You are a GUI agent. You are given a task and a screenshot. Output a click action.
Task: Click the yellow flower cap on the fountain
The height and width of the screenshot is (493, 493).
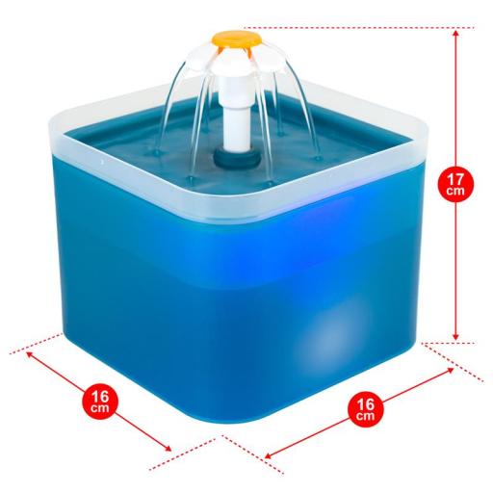[x=236, y=39]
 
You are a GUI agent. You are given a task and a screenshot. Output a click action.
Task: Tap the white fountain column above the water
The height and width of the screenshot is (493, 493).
[x=238, y=128]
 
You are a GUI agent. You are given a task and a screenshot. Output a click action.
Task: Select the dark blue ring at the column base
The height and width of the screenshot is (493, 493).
[x=238, y=159]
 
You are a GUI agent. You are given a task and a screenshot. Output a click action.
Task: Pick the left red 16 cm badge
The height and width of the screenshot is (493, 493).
[x=100, y=402]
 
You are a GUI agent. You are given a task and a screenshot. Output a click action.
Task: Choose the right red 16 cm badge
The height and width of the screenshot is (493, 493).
[x=366, y=409]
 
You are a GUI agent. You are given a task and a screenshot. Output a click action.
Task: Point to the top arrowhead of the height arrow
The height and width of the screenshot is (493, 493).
[x=455, y=34]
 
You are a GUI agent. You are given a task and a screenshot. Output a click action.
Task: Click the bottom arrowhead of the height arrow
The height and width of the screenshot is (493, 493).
[x=455, y=336]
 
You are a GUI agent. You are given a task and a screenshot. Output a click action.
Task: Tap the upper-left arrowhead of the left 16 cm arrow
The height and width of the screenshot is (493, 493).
[x=30, y=354]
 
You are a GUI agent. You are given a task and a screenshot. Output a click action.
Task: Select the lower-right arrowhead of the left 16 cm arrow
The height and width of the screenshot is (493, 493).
[x=167, y=448]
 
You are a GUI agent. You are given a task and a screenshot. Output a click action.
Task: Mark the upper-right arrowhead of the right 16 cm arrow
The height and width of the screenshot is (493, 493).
[x=450, y=371]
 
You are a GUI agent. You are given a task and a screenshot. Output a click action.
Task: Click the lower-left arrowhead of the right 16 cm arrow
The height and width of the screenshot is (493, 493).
[x=270, y=454]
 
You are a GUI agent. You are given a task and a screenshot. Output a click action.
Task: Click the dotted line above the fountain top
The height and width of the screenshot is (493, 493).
[x=359, y=28]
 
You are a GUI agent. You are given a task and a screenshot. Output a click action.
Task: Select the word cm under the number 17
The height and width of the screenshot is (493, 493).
[x=455, y=192]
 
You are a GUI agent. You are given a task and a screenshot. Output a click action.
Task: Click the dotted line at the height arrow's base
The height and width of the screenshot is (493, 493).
[x=449, y=343]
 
